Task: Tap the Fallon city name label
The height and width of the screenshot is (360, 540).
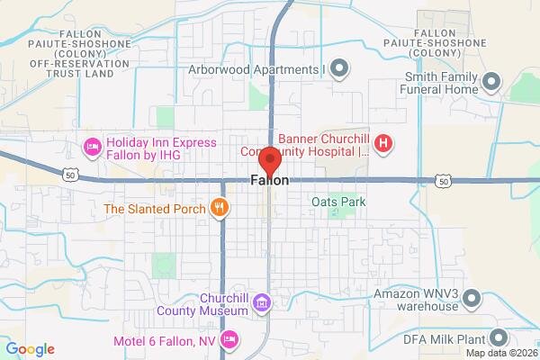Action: point(270,181)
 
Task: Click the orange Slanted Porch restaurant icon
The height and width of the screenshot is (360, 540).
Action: point(218,209)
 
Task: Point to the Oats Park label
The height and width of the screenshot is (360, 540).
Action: point(339,202)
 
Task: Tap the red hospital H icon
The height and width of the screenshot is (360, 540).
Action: point(383,142)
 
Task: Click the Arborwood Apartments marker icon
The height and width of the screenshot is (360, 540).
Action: point(339,67)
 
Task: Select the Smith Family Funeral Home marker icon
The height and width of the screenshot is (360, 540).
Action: point(491,83)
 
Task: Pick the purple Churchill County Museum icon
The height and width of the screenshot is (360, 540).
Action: point(261,302)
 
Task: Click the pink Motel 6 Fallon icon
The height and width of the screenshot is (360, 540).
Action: point(229,339)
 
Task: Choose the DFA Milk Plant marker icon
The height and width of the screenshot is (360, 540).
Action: point(499,339)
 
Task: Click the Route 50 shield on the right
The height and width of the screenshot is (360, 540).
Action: point(443,182)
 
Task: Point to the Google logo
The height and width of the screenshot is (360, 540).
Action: point(30,349)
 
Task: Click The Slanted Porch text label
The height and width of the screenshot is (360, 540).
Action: point(156,209)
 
